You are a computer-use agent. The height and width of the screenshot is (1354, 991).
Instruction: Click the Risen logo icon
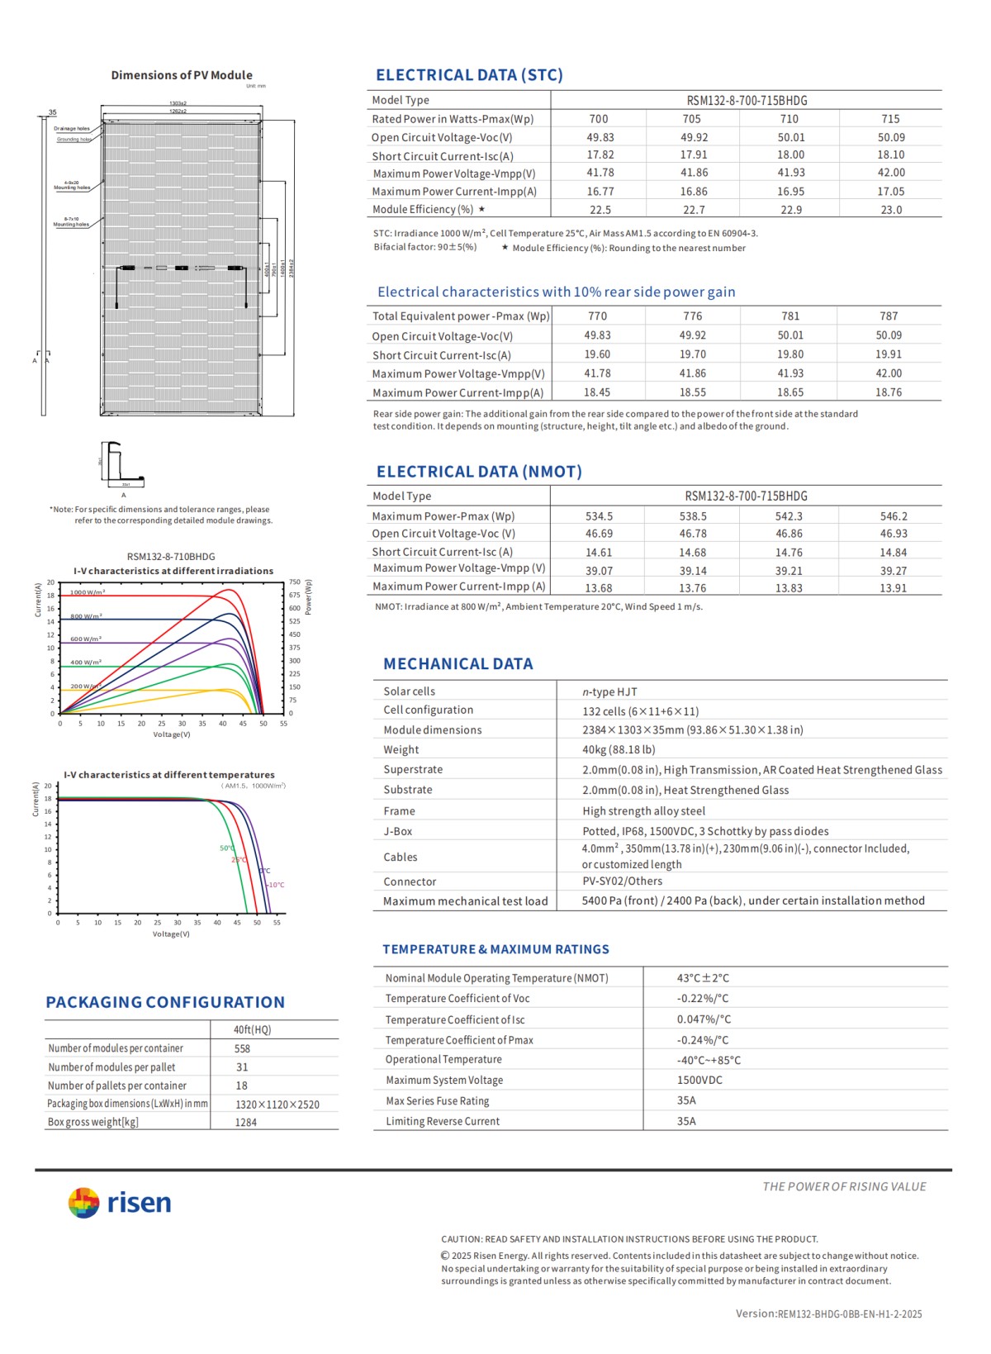(x=83, y=1203)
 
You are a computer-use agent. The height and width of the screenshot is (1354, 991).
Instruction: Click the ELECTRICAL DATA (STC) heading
(x=469, y=75)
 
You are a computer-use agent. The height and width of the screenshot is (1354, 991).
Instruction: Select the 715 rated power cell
(x=890, y=119)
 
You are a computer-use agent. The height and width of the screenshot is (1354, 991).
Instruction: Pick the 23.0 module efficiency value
(x=891, y=210)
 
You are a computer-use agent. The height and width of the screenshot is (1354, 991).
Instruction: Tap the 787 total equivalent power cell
(x=889, y=316)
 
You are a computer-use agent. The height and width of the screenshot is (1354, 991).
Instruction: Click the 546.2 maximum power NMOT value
(x=893, y=516)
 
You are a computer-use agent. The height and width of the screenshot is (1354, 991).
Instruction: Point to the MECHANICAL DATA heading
(x=458, y=664)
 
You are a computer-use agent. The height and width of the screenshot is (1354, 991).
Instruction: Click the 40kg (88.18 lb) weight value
(x=619, y=750)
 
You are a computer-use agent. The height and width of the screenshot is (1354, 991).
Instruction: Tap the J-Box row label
(x=397, y=832)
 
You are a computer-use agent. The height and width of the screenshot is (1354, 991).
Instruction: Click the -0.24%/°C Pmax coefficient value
(x=703, y=1040)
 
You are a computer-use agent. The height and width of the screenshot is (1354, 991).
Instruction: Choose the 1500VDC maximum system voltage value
(x=699, y=1081)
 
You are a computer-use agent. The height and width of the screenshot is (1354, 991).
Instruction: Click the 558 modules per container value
(x=242, y=1049)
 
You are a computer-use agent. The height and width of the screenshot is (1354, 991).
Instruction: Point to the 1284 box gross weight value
(x=245, y=1123)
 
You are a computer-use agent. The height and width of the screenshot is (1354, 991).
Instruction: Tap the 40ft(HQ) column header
(x=252, y=1030)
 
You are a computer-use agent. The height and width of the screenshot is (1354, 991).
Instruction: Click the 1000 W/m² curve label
(x=88, y=592)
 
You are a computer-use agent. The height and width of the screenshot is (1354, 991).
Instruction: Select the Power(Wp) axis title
(x=309, y=596)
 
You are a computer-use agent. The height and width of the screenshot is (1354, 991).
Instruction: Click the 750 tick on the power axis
(x=294, y=582)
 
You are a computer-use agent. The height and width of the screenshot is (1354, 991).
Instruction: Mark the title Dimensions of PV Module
(x=182, y=75)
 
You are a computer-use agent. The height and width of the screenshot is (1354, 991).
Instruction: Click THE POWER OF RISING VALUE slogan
(x=843, y=1187)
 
